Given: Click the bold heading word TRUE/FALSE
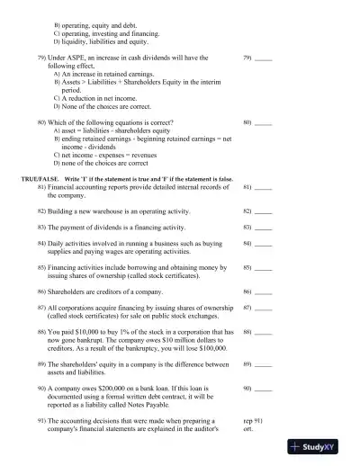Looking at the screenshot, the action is (39, 179).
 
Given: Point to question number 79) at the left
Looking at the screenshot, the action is (41, 58).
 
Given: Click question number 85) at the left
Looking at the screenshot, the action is (42, 268).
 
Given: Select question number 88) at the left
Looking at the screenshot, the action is (42, 332).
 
